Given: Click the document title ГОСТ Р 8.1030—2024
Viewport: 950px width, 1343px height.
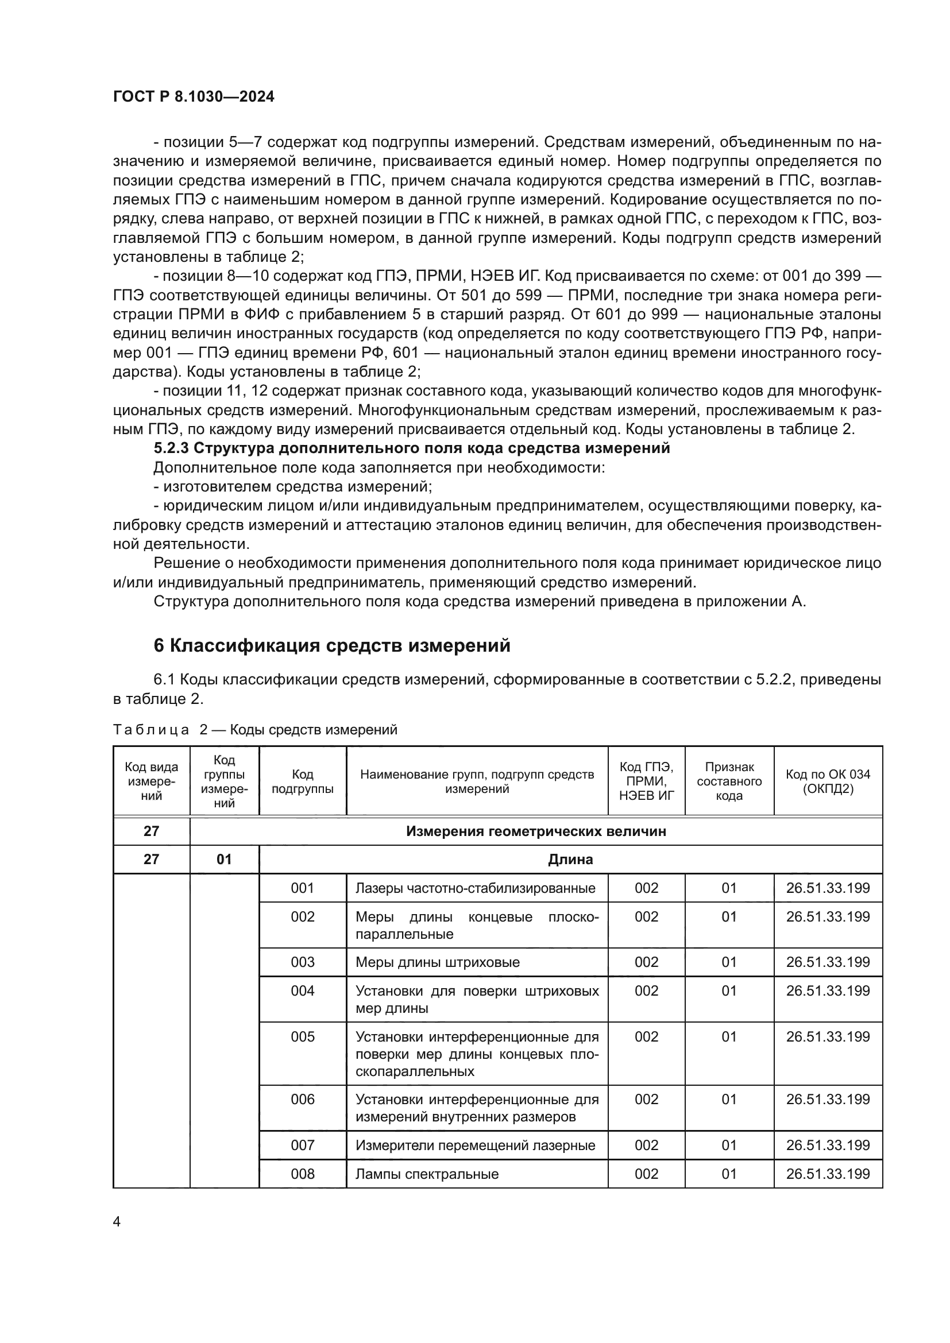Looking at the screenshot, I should click(194, 97).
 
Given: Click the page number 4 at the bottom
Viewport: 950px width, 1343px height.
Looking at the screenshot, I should click(117, 1221).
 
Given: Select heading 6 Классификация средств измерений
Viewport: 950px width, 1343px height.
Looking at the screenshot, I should click(331, 645).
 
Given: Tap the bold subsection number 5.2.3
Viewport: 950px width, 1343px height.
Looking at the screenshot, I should click(170, 448).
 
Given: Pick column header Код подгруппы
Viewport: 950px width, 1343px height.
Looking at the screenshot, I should click(303, 781).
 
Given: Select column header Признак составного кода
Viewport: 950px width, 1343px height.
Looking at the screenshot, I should click(729, 781).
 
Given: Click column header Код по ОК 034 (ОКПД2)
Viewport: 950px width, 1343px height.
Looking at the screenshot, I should click(828, 781).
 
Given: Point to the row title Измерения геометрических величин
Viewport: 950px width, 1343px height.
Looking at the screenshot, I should click(535, 831).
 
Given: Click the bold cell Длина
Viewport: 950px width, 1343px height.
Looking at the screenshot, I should click(570, 860).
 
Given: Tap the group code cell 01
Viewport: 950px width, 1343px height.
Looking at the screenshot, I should click(224, 860).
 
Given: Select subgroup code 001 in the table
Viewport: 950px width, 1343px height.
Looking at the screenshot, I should click(303, 888).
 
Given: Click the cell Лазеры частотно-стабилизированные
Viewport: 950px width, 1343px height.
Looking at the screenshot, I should click(475, 888).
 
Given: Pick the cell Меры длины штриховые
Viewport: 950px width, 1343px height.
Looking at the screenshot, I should click(437, 962).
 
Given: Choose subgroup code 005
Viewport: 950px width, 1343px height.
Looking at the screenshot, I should click(303, 1036).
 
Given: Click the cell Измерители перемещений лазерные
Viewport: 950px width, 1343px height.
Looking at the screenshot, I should click(475, 1145).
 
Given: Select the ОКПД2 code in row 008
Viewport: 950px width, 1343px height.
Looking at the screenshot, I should click(828, 1174).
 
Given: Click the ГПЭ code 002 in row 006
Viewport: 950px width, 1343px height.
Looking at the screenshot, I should click(646, 1099).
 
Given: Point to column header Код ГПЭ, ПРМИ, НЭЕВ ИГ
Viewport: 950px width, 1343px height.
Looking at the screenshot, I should click(646, 781).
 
